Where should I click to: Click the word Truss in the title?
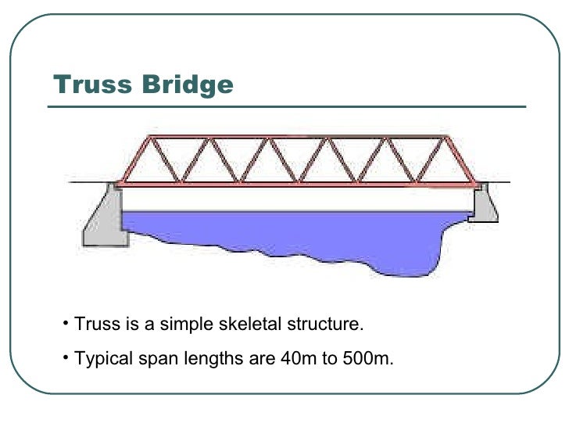pyautogui.click(x=87, y=84)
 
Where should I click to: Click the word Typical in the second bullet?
pyautogui.click(x=100, y=360)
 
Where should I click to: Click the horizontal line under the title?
pyautogui.click(x=289, y=107)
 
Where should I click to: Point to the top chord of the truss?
pyautogui.click(x=297, y=138)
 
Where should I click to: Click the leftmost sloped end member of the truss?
pyautogui.click(x=133, y=160)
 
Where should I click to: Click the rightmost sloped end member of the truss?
pyautogui.click(x=460, y=160)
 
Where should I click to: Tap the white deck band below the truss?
pyautogui.click(x=297, y=199)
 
